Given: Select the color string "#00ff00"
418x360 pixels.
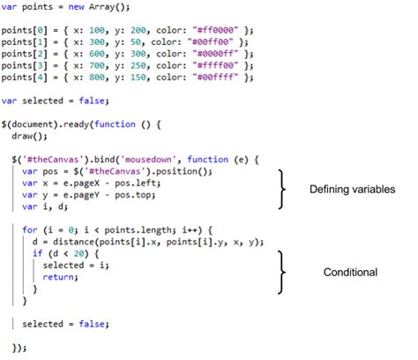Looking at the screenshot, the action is pyautogui.click(x=210, y=41).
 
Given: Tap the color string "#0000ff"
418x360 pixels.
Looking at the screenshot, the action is pyautogui.click(x=215, y=54).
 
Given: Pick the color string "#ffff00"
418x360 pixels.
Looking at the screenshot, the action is pyautogui.click(x=215, y=65).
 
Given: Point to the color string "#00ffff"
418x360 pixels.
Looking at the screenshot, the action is pyautogui.click(x=215, y=77).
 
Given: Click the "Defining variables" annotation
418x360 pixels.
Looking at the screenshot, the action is pyautogui.click(x=352, y=190).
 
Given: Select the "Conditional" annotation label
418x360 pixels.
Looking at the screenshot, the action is pyautogui.click(x=350, y=272).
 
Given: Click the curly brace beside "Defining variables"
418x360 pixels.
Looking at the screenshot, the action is pyautogui.click(x=282, y=189).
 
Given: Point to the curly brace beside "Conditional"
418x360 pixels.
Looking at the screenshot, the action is pyautogui.click(x=282, y=273).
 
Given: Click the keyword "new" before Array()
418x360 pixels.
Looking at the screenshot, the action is pyautogui.click(x=76, y=6).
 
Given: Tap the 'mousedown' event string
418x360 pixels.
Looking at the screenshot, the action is pyautogui.click(x=148, y=160).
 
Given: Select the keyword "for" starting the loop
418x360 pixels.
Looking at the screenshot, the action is pyautogui.click(x=30, y=229).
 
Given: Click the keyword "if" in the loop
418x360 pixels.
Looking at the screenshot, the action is pyautogui.click(x=38, y=253).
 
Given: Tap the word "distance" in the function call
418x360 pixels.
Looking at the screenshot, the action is pyautogui.click(x=74, y=242).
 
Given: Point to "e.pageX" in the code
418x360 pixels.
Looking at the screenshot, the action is pyautogui.click(x=82, y=184).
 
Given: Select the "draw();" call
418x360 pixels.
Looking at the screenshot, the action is pyautogui.click(x=29, y=136).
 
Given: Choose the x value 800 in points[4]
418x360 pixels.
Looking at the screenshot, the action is pyautogui.click(x=97, y=77).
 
